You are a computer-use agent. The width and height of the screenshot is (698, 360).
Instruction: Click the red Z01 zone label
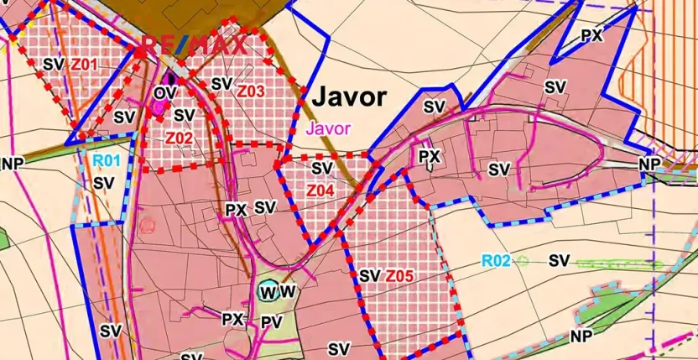pos(85,64)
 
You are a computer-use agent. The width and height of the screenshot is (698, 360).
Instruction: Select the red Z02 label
pos(180,138)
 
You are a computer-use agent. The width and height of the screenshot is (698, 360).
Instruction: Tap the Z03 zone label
pos(251,91)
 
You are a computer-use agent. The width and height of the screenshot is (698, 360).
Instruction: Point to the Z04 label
pos(320,190)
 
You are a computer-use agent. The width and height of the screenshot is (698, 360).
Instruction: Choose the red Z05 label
pos(400,275)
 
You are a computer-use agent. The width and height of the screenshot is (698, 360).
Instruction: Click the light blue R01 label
pos(107,161)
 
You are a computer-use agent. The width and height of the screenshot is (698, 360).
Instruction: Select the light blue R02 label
pos(496,261)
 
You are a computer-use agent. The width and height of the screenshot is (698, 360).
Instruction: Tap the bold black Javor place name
pos(349,97)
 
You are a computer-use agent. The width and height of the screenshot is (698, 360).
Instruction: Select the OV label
pos(163,92)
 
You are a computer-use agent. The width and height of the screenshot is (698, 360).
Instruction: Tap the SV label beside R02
pos(560,260)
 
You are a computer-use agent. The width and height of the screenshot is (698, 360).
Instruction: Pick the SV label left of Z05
pos(370,275)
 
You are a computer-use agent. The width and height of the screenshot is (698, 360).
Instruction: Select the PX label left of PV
pos(232,320)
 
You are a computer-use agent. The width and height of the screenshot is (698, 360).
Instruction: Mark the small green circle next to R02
pos(523,261)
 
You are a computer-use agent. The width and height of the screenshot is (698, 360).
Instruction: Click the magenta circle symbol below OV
pos(157,109)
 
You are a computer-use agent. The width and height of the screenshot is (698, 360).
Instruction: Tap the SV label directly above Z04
pos(321,169)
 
